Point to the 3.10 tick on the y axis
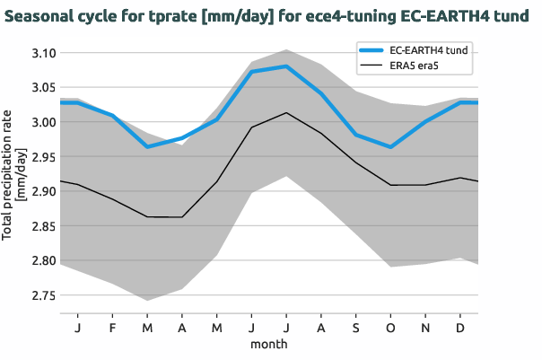[x=42, y=54]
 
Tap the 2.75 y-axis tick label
[x=42, y=295]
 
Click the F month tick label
[x=112, y=328]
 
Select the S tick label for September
[x=355, y=328]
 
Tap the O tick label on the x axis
[x=390, y=328]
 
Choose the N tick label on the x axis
[x=425, y=328]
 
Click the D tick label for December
[x=460, y=328]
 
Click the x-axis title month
[x=268, y=344]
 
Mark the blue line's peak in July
[x=285, y=66]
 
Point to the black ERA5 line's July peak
[x=285, y=112]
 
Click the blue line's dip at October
[x=390, y=146]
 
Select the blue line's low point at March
[x=146, y=146]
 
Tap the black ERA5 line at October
[x=390, y=185]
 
